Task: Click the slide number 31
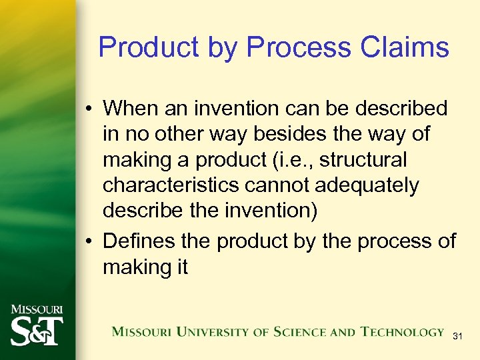tap(457, 337)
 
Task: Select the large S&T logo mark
tap(36, 331)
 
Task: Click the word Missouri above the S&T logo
tap(36, 309)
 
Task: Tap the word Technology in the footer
tap(402, 331)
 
